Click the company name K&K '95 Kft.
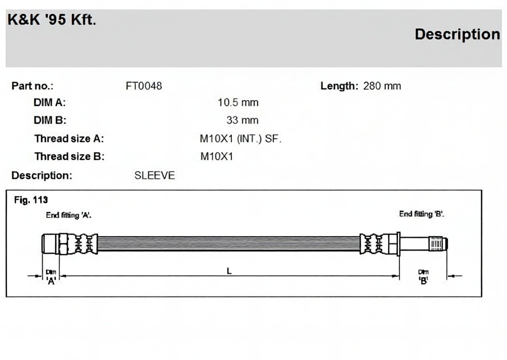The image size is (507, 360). click(52, 20)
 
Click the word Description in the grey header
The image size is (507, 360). click(457, 35)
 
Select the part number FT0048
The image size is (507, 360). click(144, 86)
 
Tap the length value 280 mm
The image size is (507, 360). click(382, 86)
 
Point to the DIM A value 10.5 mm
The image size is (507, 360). click(238, 102)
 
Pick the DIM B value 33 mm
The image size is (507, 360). click(242, 120)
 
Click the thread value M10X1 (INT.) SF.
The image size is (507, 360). click(241, 139)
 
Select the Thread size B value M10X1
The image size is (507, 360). click(217, 157)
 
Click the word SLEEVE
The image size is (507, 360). click(155, 175)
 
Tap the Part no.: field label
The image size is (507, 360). click(33, 86)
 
